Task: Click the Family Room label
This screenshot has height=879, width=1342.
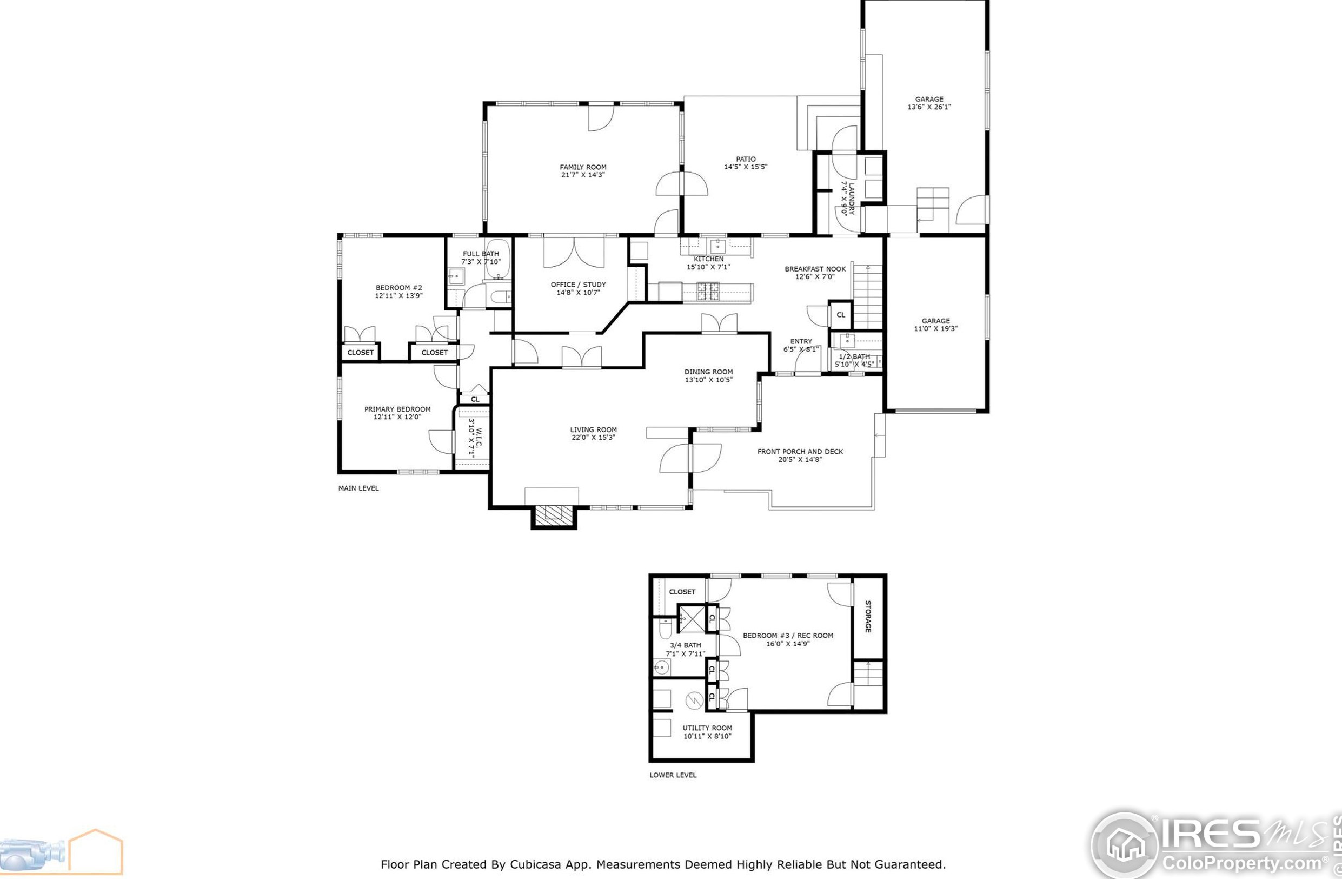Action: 583,167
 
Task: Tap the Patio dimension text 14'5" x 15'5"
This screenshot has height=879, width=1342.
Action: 746,167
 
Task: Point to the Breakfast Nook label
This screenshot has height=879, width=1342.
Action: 815,269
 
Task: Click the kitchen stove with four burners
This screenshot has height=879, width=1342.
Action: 708,291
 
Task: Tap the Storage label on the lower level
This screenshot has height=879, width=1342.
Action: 868,617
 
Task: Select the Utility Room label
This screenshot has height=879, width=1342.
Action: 707,728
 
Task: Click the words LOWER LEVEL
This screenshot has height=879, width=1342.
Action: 673,775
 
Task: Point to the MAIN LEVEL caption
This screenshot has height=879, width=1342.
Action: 358,488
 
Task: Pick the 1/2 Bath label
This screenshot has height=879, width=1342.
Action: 854,356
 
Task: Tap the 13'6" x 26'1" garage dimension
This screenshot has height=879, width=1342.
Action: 929,107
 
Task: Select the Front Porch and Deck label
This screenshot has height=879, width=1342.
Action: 800,451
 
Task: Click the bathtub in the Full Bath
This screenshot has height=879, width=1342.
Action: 498,260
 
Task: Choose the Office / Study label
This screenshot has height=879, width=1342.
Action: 578,285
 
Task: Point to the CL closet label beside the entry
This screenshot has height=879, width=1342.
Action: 840,315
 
